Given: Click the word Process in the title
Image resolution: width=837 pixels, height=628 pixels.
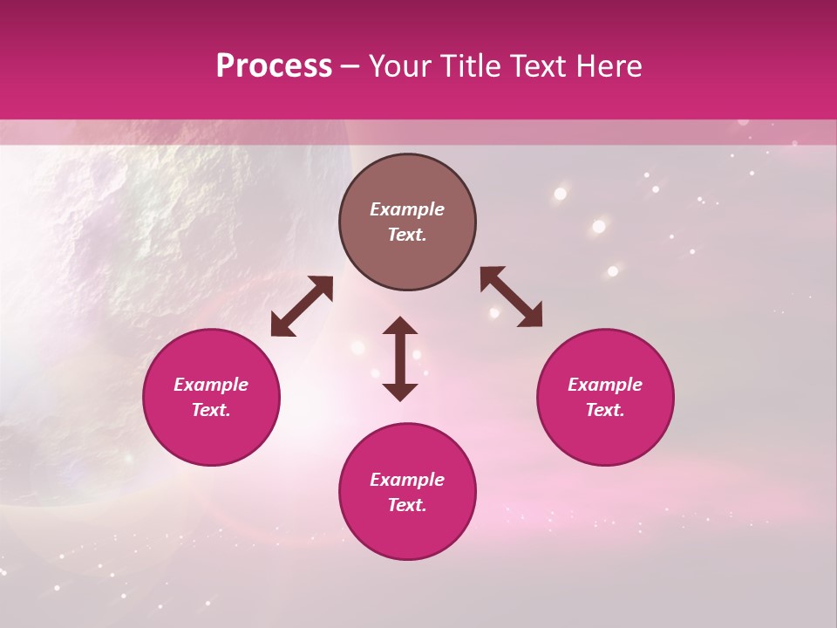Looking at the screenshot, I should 274,66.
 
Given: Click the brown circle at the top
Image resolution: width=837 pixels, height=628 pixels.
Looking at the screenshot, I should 407,222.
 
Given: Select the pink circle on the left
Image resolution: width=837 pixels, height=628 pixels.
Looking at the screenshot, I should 211,398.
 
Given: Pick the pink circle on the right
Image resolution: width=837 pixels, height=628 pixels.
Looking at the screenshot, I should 605,398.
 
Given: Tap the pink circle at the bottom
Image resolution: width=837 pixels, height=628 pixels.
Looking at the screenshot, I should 407,492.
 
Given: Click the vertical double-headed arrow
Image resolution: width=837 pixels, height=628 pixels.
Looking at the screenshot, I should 400,358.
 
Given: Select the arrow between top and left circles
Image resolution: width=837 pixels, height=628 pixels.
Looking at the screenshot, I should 302,306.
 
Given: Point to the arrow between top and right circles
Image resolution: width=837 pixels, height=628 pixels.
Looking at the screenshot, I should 511,297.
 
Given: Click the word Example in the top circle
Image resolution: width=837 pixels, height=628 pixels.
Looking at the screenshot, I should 407,209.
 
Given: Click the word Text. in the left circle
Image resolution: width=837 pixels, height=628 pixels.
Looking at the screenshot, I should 211,410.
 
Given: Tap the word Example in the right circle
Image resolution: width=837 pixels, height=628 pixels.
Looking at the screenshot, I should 605,385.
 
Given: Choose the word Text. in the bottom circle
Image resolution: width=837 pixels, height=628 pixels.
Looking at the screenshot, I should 407,505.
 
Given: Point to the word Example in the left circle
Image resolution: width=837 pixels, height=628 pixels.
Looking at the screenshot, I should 211,385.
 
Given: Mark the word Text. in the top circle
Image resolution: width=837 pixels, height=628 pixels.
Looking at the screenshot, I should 407,235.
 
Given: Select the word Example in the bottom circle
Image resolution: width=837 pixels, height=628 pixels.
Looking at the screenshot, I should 407,480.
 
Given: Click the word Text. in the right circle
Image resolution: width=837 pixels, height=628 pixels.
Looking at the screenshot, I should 605,410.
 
